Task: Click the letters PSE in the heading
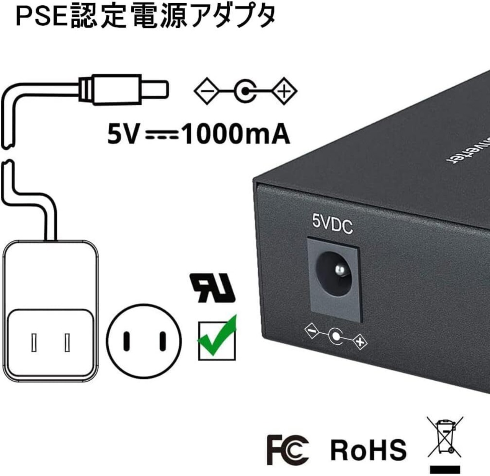coord(42,16)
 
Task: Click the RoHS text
coord(368,449)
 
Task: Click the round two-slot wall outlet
coord(144,341)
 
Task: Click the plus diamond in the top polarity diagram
coord(284,91)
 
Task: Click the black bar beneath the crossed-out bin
coord(445,469)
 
